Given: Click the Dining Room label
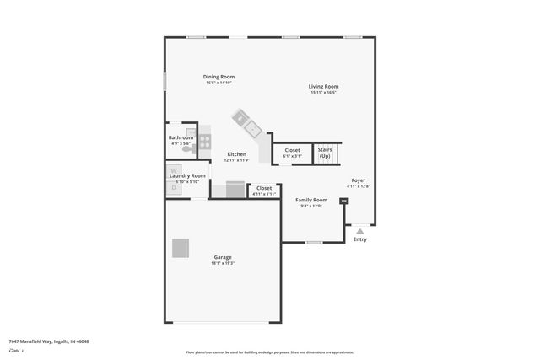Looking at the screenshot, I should [x=219, y=77].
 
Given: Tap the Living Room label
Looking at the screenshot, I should [x=323, y=86].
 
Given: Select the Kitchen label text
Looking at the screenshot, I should [x=236, y=154].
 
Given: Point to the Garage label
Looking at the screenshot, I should [x=223, y=257].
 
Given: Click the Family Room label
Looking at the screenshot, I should [x=311, y=200].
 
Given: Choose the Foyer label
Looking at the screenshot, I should [x=359, y=180].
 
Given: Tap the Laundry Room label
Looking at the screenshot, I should [x=187, y=175].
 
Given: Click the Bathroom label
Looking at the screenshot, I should [x=181, y=137].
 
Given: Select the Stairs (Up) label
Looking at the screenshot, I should [x=325, y=153].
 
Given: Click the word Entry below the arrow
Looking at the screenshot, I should [x=360, y=239].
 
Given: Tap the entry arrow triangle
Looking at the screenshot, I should [x=360, y=229].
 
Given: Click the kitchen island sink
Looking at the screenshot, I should [x=251, y=128].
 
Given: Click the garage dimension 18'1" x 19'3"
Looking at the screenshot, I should [x=223, y=263].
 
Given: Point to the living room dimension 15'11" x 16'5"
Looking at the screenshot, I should [x=323, y=93].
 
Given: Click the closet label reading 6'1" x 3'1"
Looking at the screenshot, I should [x=292, y=156].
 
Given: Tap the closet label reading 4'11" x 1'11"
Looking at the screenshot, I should [x=264, y=194].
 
